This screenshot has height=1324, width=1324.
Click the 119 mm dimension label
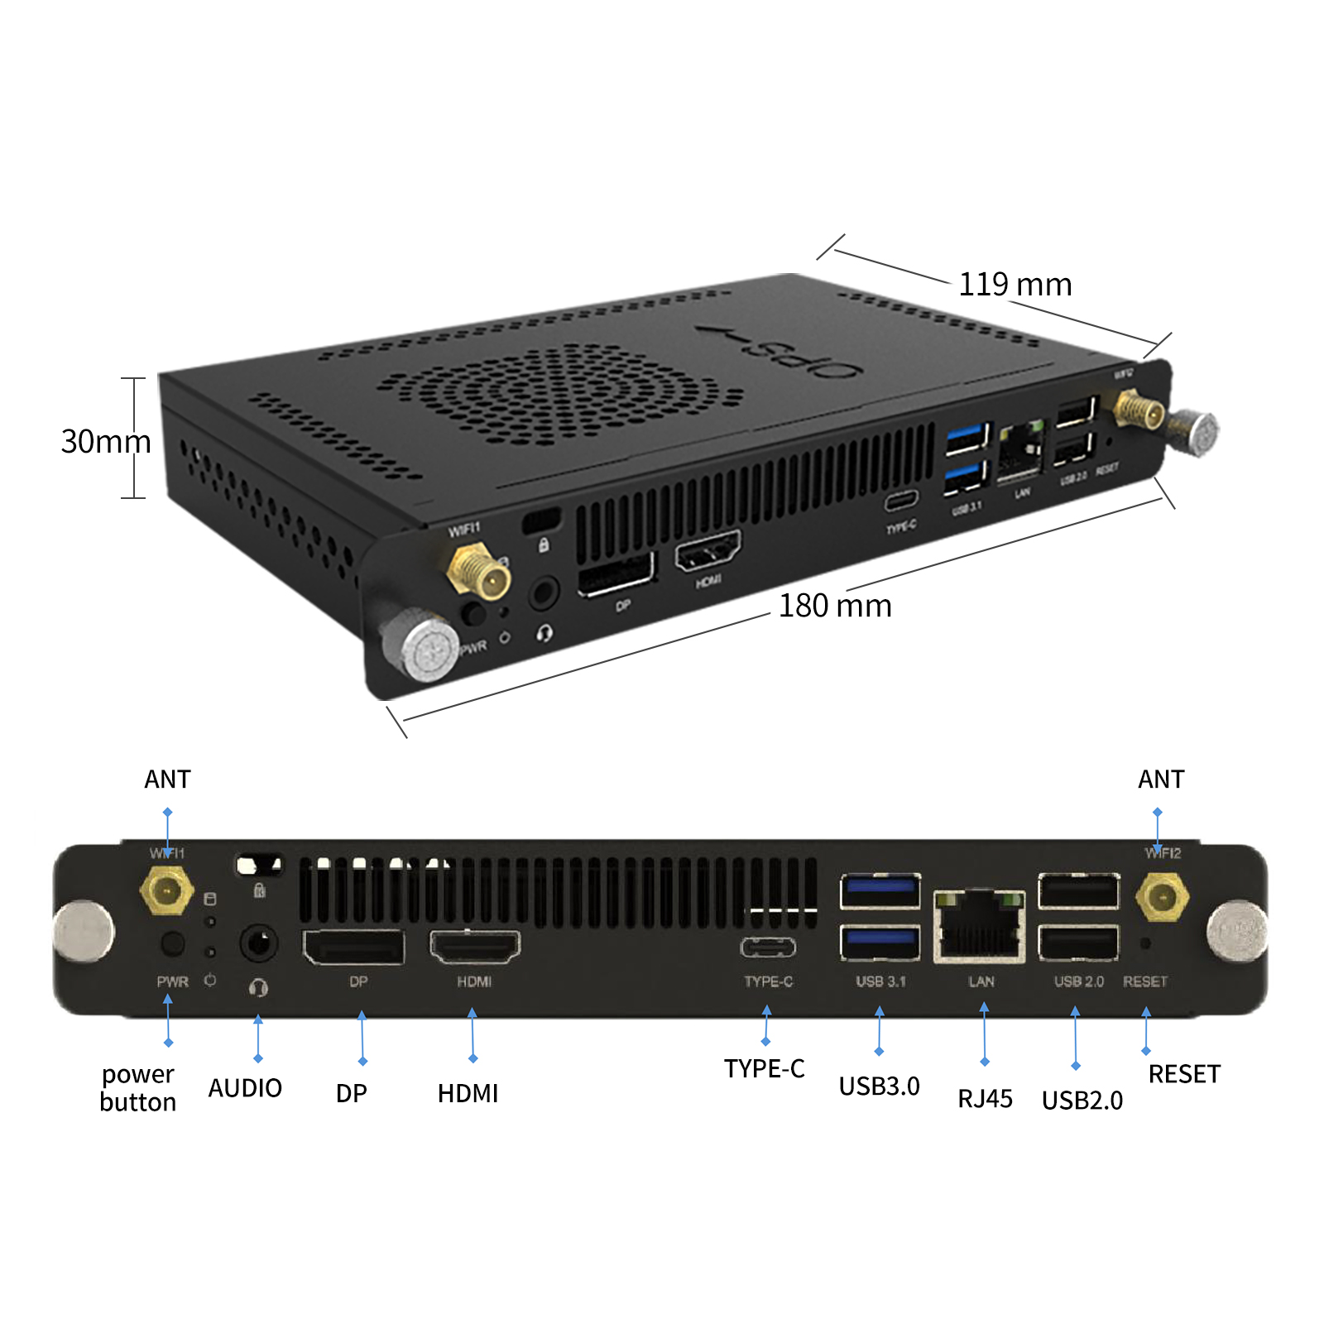point(1015,285)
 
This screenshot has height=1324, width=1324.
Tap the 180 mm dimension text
point(834,606)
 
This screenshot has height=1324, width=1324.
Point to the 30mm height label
point(105,441)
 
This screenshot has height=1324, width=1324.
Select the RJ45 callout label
point(985,1098)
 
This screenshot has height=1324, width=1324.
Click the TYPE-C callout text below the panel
point(764,1068)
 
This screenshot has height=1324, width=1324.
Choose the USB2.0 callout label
point(1082,1100)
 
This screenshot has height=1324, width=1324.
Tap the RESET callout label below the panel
point(1183,1073)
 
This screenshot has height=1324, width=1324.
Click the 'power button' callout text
point(137,1087)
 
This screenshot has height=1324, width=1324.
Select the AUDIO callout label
point(245,1087)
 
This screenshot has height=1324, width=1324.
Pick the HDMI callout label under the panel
point(468,1093)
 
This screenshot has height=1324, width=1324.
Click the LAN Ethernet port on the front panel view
point(980,926)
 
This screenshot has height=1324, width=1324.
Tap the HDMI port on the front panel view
point(474,947)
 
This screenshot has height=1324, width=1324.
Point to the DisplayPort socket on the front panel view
point(353,947)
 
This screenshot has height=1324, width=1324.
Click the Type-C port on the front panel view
point(768,947)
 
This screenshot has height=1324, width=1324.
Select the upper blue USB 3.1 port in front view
point(880,891)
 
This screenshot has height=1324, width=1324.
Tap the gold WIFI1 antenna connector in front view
point(167,891)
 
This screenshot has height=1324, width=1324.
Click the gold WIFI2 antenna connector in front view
point(1162,897)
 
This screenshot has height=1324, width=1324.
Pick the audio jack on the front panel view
point(258,943)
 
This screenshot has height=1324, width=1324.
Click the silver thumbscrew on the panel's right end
point(1236,931)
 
